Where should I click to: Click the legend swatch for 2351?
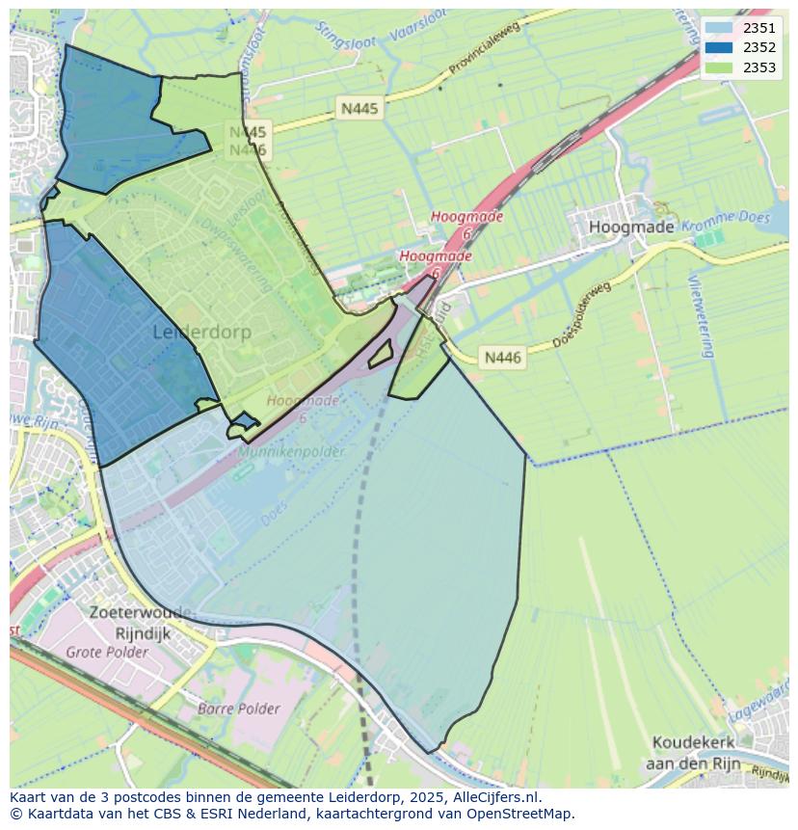718,28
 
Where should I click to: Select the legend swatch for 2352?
718,47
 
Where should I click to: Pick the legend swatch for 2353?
718,67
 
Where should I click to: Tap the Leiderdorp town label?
202,332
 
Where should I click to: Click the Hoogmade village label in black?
631,228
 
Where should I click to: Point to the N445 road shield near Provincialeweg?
359,109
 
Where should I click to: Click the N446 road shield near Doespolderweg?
502,358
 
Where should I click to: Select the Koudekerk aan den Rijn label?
694,753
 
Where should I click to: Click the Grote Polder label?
107,653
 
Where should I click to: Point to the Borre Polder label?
238,709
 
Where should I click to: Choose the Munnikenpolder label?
293,424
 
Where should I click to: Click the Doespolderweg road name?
582,315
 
